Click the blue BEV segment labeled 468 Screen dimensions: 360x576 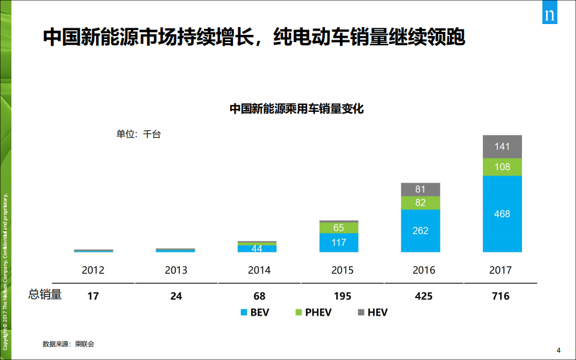502,214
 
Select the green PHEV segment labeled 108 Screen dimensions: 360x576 502,166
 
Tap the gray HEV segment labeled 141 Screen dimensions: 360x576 502,147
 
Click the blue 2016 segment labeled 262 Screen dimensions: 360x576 420,231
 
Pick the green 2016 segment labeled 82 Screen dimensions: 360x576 420,203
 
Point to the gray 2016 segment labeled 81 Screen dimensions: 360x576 420,189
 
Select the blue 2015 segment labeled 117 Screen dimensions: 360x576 339,243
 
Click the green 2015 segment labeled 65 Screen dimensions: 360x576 339,228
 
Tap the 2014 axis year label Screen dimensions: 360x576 259,270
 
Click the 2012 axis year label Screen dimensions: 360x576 93,270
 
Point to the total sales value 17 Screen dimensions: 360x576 93,296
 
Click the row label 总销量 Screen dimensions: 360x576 45,295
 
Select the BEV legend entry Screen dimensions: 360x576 256,313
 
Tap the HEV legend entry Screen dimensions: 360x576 372,313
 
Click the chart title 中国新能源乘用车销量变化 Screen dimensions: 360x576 297,109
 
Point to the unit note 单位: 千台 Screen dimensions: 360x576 138,134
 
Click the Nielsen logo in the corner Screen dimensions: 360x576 549,15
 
